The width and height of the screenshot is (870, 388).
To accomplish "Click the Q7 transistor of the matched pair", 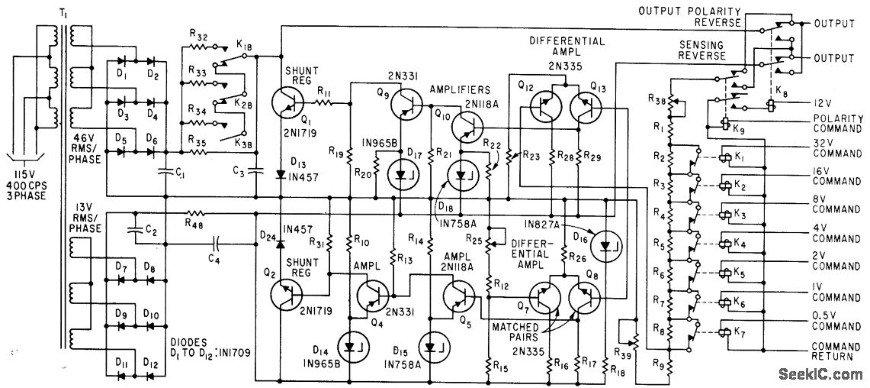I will tap(546, 296).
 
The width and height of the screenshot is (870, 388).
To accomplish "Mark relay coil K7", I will tap(724, 333).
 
